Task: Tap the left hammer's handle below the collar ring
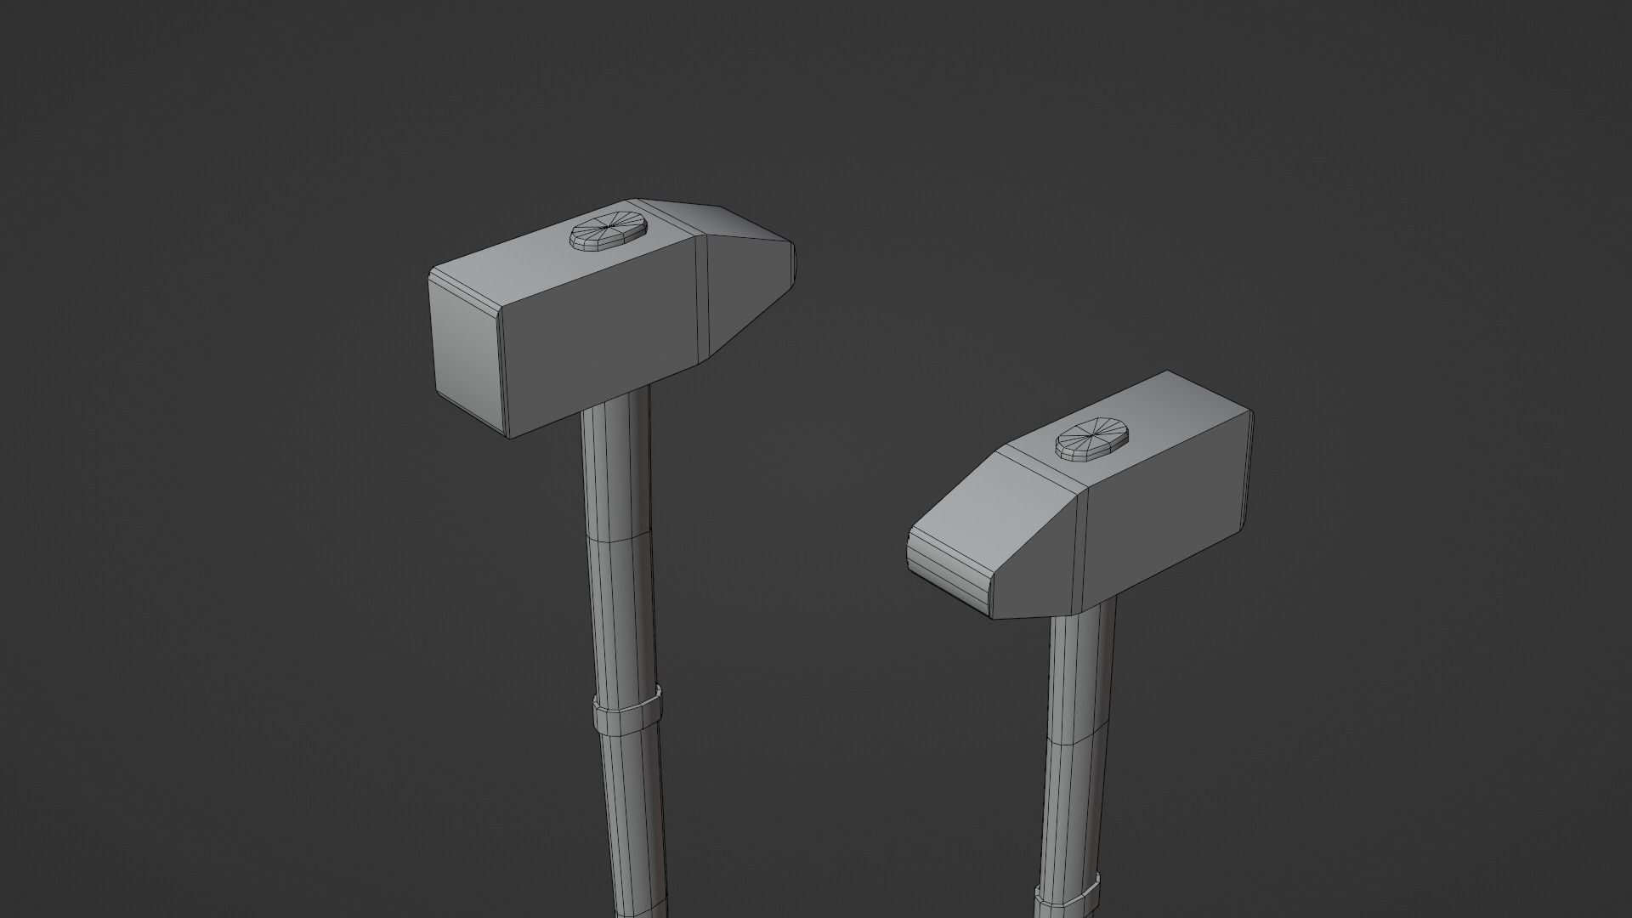(633, 816)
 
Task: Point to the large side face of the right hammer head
(1164, 518)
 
